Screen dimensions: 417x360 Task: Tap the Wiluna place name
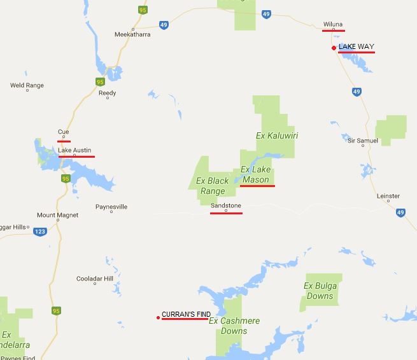[333, 24]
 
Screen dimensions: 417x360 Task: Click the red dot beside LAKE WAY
[334, 48]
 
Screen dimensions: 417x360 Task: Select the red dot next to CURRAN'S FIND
[158, 317]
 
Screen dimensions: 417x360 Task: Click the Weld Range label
[26, 85]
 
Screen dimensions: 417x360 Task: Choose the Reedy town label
[108, 92]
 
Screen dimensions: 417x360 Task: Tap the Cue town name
[63, 132]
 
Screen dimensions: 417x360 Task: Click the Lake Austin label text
[74, 150]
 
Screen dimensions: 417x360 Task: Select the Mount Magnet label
[57, 215]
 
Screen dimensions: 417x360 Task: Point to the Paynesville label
[111, 207]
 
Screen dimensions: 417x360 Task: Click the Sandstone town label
[225, 206]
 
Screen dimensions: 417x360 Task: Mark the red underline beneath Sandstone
[226, 213]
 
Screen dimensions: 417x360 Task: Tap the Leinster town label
[388, 196]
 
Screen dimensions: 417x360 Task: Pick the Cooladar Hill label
[94, 279]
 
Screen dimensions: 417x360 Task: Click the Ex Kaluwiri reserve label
[277, 135]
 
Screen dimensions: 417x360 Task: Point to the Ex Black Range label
[213, 186]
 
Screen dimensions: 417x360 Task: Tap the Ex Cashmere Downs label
[234, 326]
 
